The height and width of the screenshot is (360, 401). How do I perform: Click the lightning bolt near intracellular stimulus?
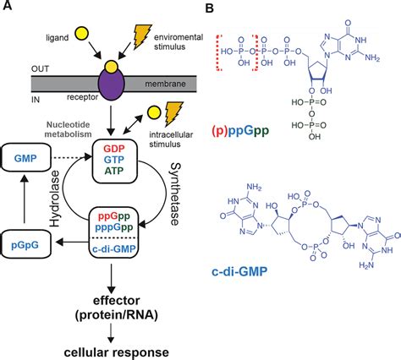tap(176, 116)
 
